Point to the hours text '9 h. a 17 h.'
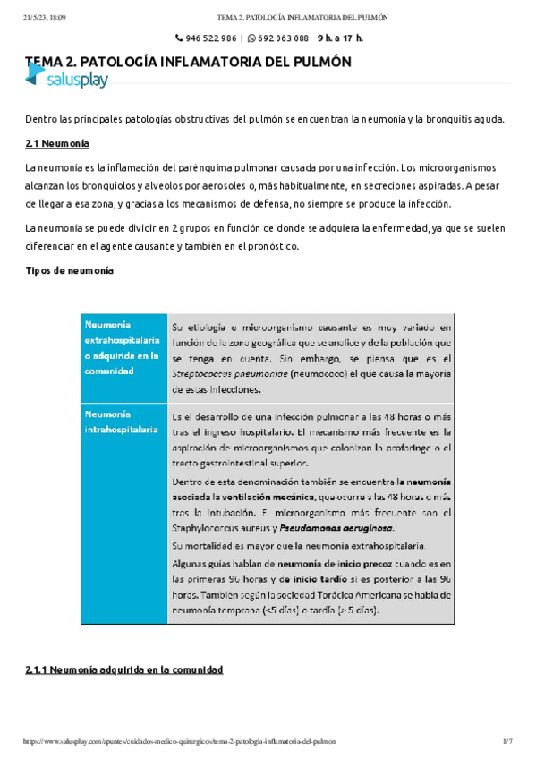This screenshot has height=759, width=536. click(x=340, y=38)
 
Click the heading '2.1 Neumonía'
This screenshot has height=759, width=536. click(x=57, y=143)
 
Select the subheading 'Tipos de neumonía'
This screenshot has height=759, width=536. click(x=68, y=271)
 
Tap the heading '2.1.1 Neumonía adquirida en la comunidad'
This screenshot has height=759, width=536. click(x=123, y=669)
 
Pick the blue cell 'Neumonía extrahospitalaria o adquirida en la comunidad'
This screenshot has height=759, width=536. click(x=121, y=349)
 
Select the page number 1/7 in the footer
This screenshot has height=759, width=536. click(x=506, y=741)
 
